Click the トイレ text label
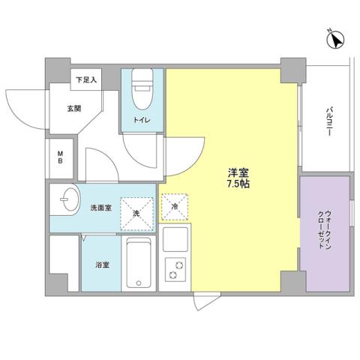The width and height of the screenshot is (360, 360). click(x=141, y=120)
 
